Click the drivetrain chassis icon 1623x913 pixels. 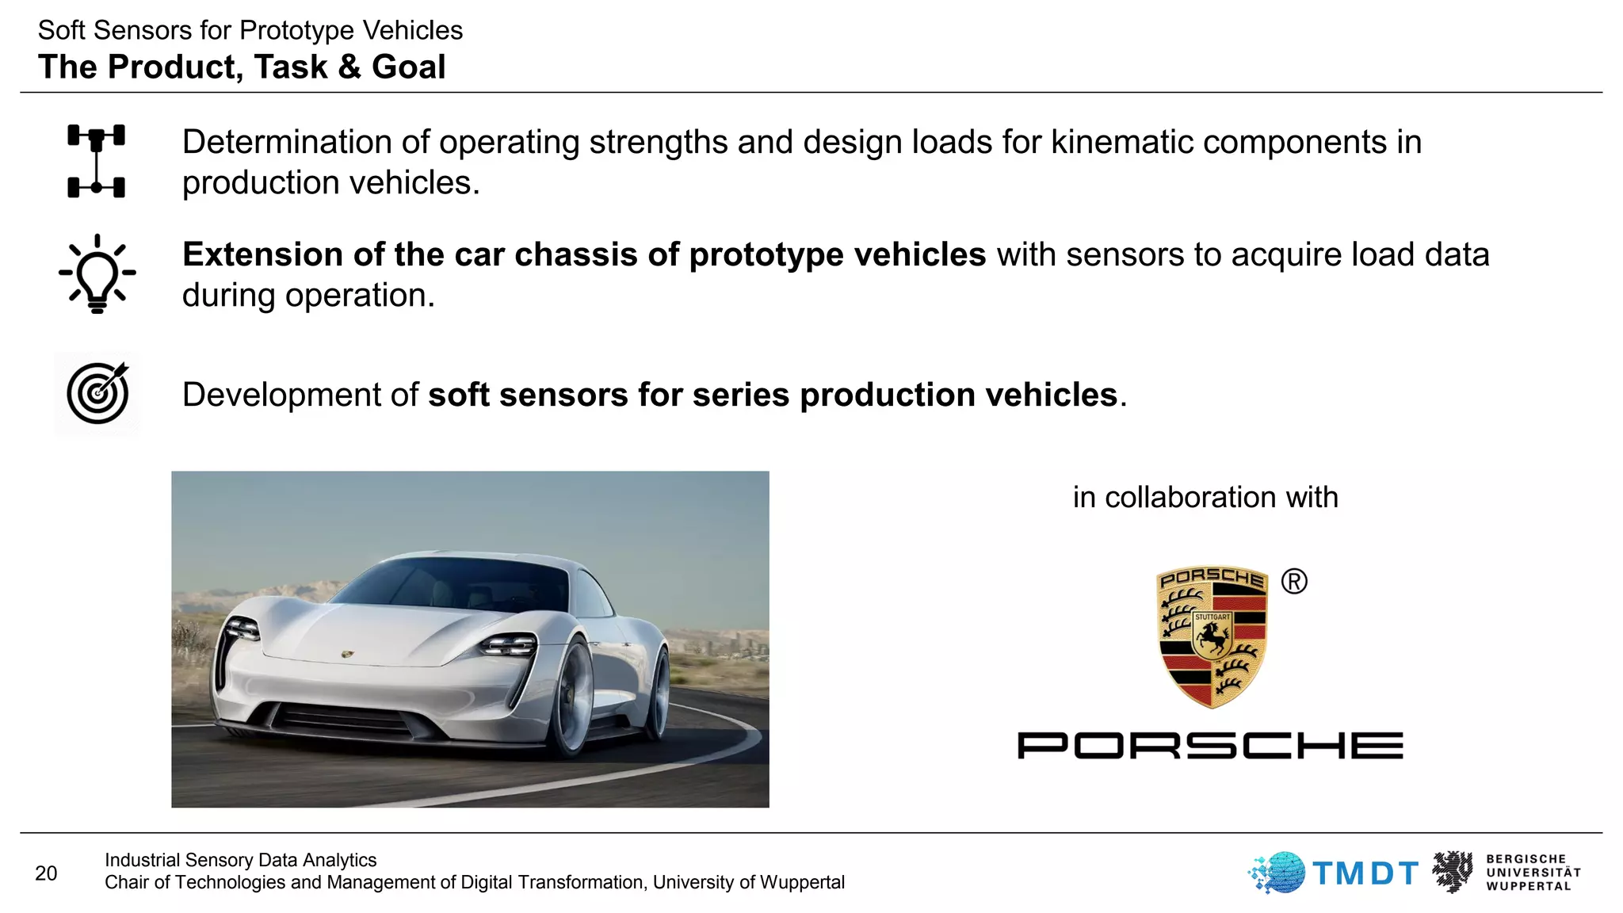pos(96,162)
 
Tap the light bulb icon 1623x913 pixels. pos(97,274)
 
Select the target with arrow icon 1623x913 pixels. pos(97,393)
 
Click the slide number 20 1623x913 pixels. pos(46,873)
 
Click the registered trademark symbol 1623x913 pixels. pos(1294,582)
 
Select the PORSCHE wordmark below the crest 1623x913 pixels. pos(1210,746)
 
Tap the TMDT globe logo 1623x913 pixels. pos(1277,873)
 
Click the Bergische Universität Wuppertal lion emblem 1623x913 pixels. pos(1453,872)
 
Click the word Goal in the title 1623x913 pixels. pos(408,67)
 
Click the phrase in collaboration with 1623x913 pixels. pos(1205,498)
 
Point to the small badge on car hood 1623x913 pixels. pos(347,654)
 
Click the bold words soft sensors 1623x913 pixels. pos(528,395)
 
